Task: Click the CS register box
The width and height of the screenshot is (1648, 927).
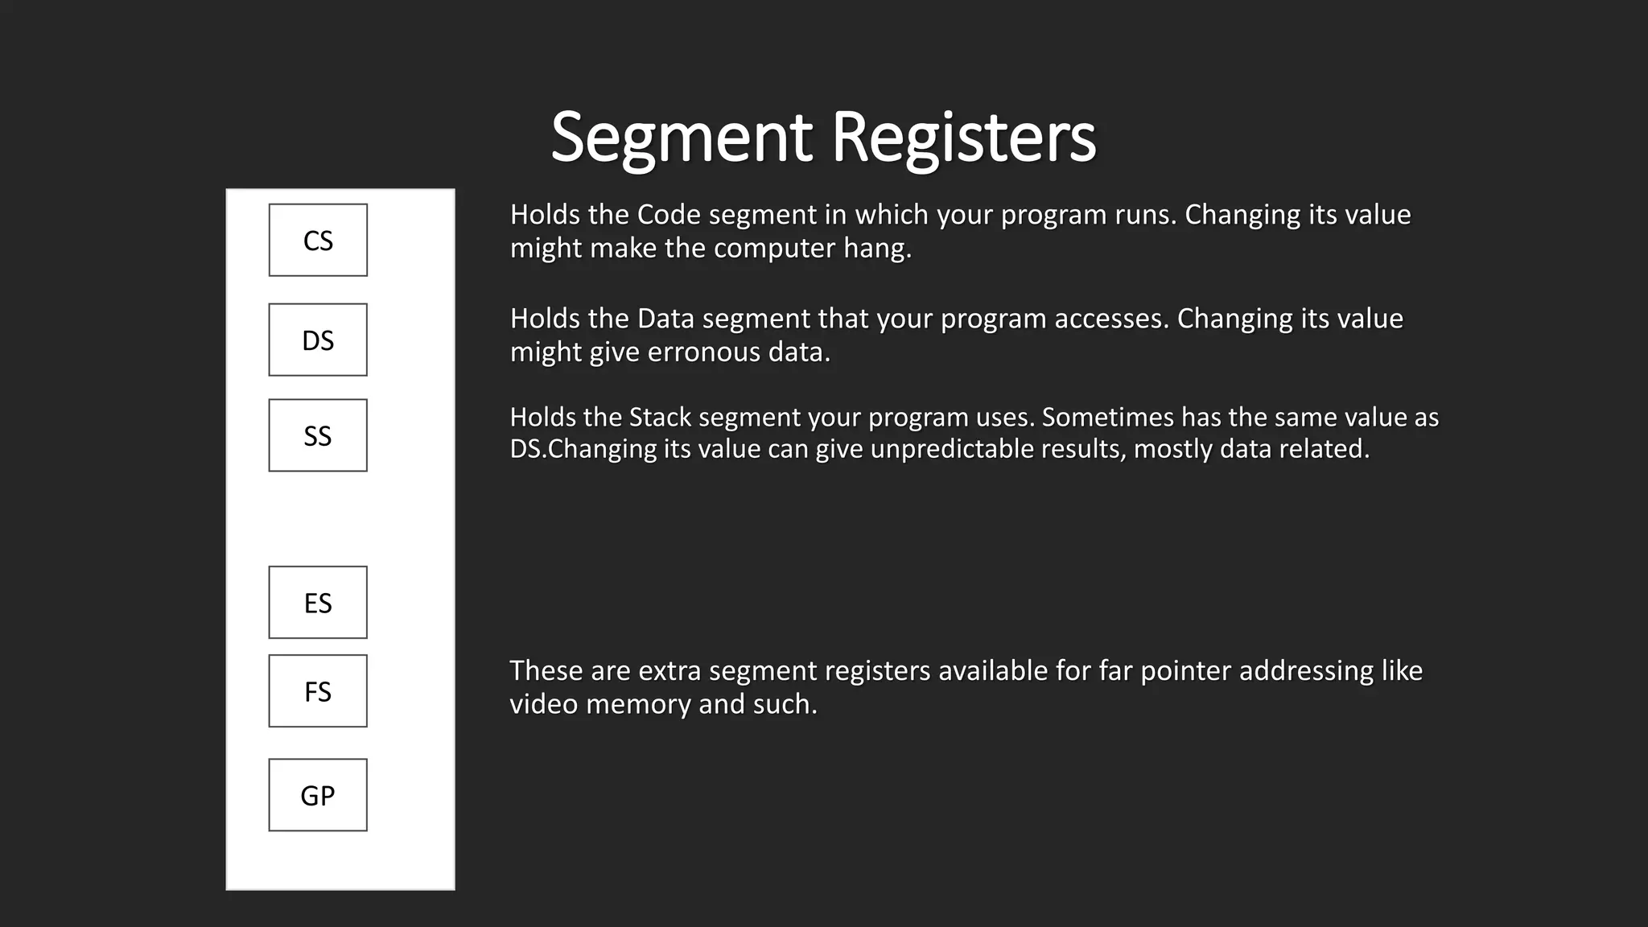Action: [x=318, y=240]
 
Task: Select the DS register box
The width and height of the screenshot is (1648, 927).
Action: [x=318, y=340]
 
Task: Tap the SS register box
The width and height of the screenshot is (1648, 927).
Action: [x=318, y=435]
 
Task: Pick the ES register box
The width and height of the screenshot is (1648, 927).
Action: [x=318, y=603]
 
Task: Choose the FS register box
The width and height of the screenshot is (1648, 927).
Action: [x=318, y=691]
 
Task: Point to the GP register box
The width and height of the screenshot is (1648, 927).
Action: [x=318, y=795]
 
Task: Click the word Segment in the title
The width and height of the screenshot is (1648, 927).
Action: [x=682, y=138]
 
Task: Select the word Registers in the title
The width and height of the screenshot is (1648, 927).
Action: [x=963, y=138]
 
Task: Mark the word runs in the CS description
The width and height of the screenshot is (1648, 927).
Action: [x=1145, y=215]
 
